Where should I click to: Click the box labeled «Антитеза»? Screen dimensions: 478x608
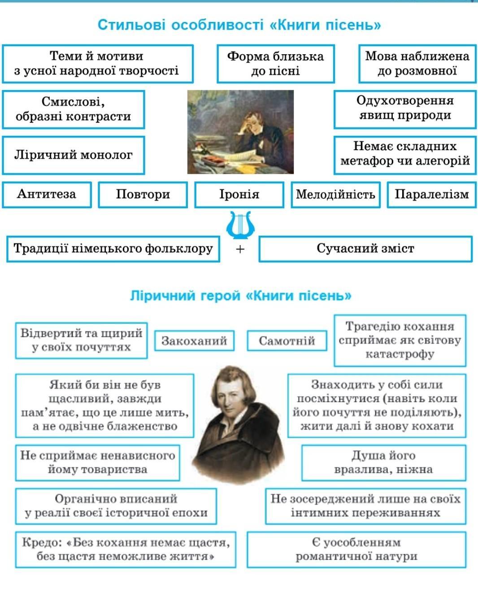click(47, 195)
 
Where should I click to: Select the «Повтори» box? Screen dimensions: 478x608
click(143, 195)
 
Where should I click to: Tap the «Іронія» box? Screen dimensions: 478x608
click(239, 195)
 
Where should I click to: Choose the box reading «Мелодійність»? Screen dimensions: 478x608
click(335, 195)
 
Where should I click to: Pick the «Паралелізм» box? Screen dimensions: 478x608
click(431, 195)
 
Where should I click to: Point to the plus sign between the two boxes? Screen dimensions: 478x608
click(240, 249)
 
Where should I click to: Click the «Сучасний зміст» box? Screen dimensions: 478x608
click(365, 249)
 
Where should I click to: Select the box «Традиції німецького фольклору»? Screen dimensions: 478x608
click(113, 249)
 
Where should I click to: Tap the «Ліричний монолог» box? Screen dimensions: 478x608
click(74, 155)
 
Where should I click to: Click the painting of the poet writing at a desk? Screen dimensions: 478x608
click(240, 132)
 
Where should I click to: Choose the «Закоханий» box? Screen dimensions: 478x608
click(194, 341)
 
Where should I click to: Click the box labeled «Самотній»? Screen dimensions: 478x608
click(287, 341)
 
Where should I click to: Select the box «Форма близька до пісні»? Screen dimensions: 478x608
click(275, 64)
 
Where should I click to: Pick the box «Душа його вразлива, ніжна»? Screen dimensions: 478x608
click(384, 463)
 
